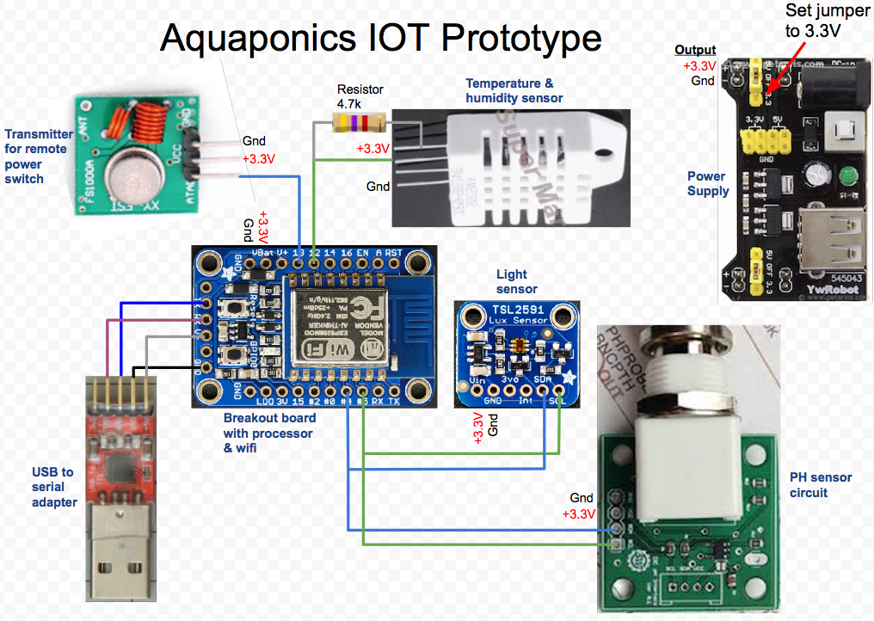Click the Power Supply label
707,183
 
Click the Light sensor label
516,281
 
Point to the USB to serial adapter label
52,487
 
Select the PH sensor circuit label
821,485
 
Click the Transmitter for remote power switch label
39,156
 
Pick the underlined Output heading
695,51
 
